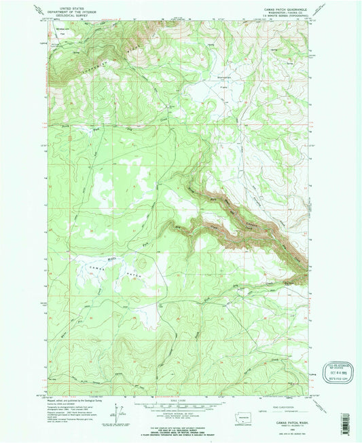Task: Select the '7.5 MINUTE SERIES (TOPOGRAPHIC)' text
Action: [x=285, y=17]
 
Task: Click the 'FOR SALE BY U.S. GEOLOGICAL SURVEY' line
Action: [x=181, y=428]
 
